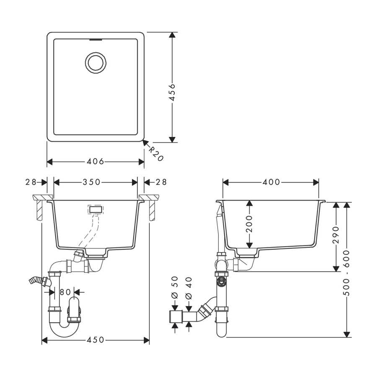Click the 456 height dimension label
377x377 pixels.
[x=172, y=92]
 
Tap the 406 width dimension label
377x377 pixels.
[x=96, y=161]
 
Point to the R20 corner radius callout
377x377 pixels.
[x=156, y=154]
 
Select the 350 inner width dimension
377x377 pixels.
[x=92, y=182]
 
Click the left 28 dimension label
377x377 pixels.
[x=31, y=182]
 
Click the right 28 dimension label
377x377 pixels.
[x=161, y=182]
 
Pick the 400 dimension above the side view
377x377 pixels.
[x=271, y=182]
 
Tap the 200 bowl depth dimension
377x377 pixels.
[x=249, y=224]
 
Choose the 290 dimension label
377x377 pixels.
[x=336, y=235]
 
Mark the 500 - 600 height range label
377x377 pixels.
[x=346, y=273]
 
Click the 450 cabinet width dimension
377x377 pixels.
[x=96, y=340]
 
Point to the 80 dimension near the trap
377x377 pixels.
[x=65, y=292]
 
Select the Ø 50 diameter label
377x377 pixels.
[x=175, y=287]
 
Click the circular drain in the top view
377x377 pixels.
[x=96, y=63]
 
